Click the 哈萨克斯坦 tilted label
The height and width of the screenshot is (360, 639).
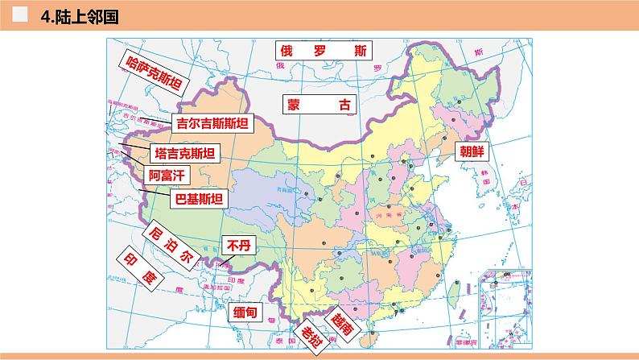click(x=152, y=75)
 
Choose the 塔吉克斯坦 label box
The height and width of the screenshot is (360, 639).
click(x=185, y=154)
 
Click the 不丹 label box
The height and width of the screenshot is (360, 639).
click(x=238, y=245)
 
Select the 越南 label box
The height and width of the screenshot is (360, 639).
click(x=341, y=324)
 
